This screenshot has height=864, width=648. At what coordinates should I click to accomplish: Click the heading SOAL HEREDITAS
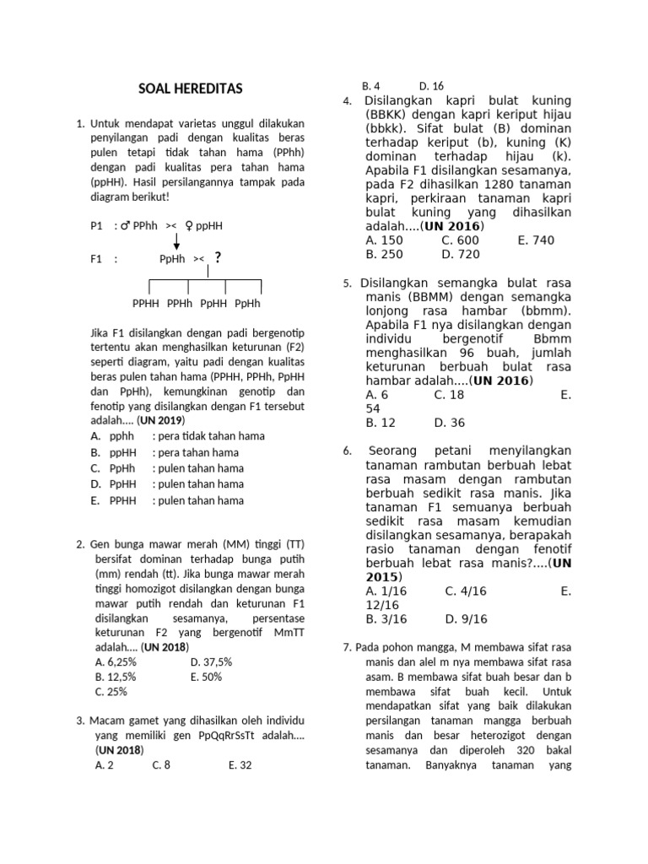[x=190, y=89]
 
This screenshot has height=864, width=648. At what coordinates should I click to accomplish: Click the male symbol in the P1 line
[x=125, y=226]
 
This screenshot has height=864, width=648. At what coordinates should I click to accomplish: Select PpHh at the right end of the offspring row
[x=247, y=304]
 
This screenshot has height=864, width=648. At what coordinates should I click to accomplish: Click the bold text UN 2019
[x=160, y=420]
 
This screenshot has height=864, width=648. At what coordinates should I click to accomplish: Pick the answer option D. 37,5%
[x=211, y=662]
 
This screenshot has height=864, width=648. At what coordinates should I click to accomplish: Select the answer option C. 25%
[x=111, y=692]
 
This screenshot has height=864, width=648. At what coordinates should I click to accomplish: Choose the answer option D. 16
[x=430, y=86]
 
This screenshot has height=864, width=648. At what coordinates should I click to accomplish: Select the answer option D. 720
[x=460, y=254]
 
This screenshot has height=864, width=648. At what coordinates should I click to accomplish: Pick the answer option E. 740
[x=536, y=240]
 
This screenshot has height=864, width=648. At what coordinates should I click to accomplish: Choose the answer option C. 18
[x=449, y=394]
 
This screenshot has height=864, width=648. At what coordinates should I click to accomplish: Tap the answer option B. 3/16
[x=386, y=618]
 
